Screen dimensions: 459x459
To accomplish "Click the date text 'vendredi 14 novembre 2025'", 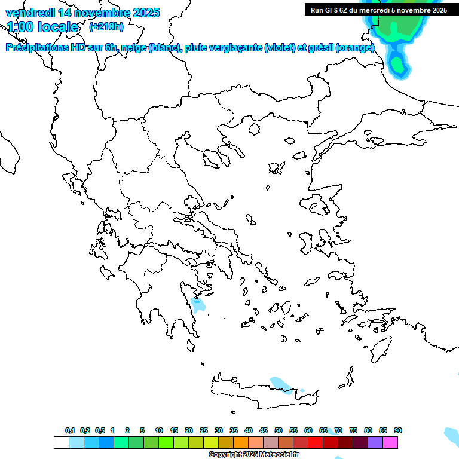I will point(82,12).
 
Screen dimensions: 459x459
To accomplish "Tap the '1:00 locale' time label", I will point(42,27).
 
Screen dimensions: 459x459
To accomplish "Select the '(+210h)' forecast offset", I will point(106,26).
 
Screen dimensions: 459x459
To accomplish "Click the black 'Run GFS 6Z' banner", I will point(379,10).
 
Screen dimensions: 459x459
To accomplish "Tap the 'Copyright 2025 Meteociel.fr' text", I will point(253,454).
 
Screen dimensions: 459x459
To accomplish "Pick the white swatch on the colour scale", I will point(61,442).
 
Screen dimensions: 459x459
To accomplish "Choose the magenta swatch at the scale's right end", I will point(390,442).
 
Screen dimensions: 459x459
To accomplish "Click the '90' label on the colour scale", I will point(398,430).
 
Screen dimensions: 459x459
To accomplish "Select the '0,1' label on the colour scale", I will point(69,430).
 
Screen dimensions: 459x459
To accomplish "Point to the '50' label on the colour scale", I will point(279,430).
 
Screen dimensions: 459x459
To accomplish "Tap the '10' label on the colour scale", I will point(159,430).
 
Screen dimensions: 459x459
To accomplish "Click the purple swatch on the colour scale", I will point(375,442).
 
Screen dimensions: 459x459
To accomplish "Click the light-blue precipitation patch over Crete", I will point(279,383).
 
